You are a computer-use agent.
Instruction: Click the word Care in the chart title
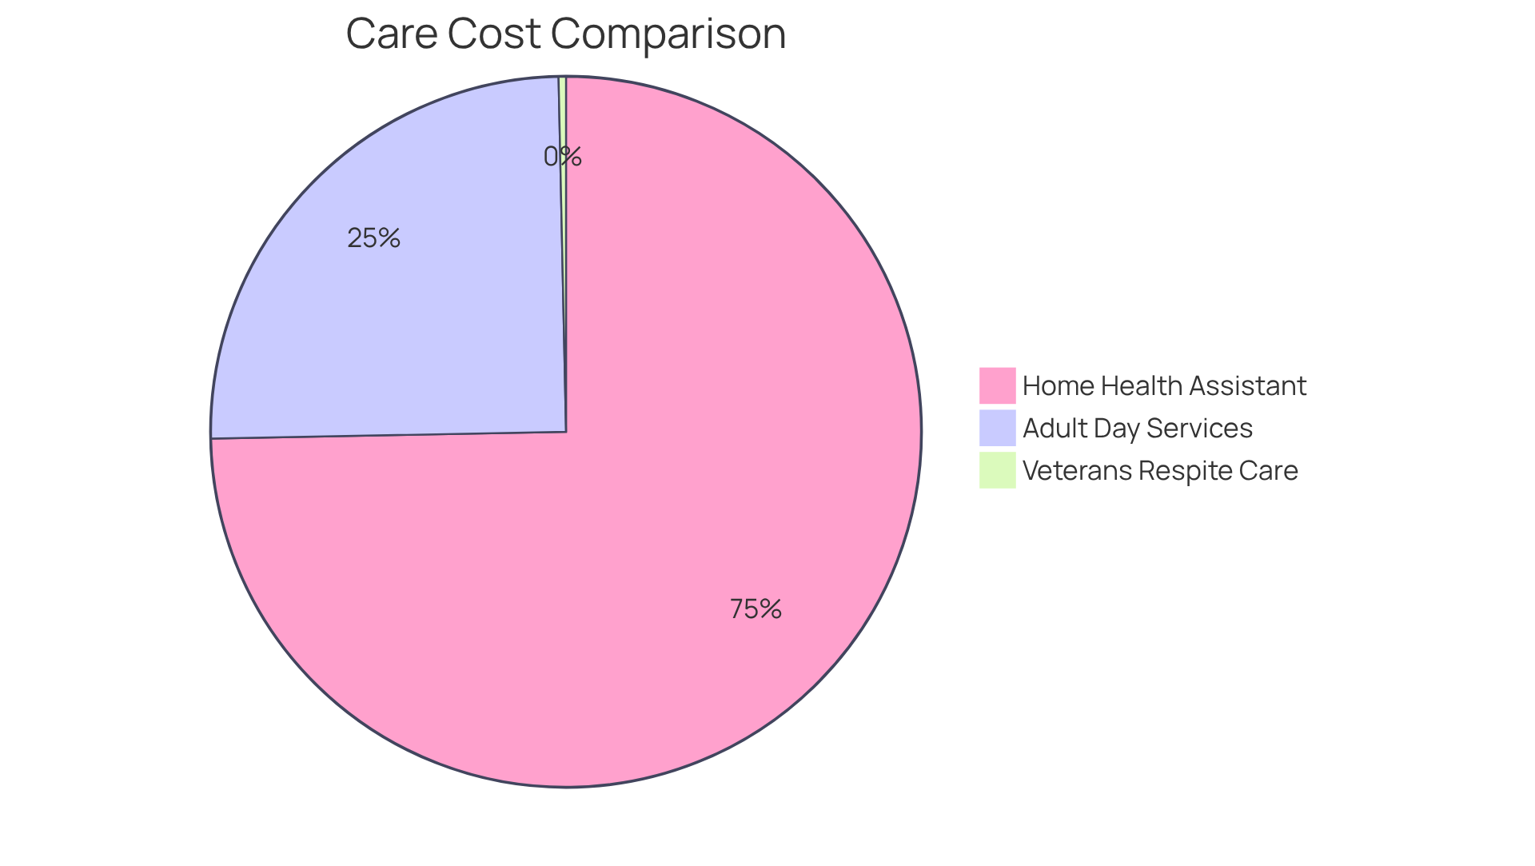click(x=392, y=34)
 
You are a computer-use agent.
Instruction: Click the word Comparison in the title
click(x=668, y=34)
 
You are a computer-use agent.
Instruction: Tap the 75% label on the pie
click(x=756, y=609)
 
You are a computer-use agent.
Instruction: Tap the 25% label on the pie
click(x=373, y=238)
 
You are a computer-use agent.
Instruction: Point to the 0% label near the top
click(x=562, y=157)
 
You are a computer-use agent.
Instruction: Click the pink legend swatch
click(x=997, y=385)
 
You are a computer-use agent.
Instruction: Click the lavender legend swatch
click(x=997, y=428)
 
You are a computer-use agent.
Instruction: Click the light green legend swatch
click(x=997, y=470)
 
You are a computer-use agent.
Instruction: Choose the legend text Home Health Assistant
click(x=1163, y=386)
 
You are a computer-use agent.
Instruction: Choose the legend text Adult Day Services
click(x=1137, y=429)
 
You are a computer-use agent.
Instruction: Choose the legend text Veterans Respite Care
click(x=1159, y=471)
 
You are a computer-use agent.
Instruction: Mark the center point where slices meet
click(x=566, y=432)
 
